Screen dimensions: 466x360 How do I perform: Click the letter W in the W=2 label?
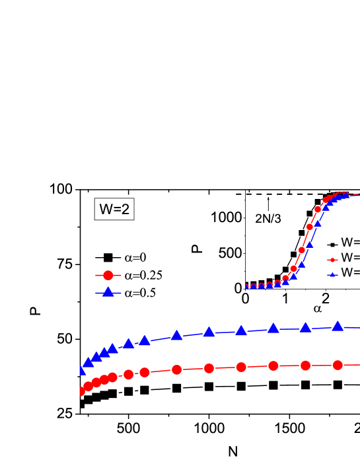[105, 210]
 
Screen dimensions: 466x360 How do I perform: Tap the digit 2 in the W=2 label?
[125, 210]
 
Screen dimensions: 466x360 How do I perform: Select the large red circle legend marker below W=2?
[108, 275]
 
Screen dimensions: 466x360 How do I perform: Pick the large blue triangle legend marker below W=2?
[108, 292]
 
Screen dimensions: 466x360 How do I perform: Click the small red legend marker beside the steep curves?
[332, 260]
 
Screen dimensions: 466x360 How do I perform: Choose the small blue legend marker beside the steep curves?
[332, 274]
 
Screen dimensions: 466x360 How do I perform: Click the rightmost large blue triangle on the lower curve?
[338, 326]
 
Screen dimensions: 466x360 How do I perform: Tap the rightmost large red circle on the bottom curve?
[338, 365]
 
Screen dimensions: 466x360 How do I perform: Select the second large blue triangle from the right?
[305, 327]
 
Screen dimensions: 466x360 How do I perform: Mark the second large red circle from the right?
[305, 366]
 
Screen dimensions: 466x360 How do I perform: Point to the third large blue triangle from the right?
[273, 328]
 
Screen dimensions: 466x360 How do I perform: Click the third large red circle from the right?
[273, 366]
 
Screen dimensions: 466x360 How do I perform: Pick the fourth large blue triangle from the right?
[241, 330]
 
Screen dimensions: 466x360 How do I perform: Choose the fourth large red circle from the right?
[241, 367]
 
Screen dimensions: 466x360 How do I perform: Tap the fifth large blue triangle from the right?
[209, 332]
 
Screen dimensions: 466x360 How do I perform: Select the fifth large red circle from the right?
[209, 368]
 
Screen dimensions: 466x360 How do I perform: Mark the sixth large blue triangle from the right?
[176, 336]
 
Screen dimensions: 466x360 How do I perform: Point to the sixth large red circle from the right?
[176, 369]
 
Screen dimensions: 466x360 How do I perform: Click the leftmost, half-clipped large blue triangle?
[83, 370]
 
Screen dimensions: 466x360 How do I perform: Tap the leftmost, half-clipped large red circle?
[83, 391]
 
